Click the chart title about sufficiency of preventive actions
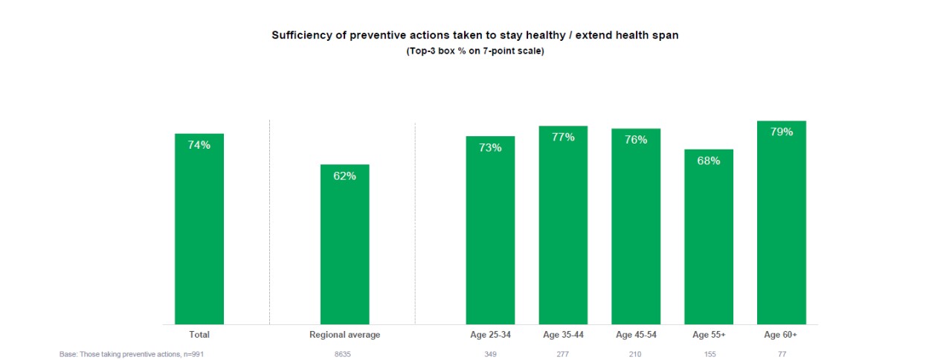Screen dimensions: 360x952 (475, 35)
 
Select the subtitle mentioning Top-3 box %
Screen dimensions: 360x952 (475, 51)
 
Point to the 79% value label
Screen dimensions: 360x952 (782, 132)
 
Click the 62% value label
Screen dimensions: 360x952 (344, 176)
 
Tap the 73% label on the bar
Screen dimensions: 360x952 (490, 147)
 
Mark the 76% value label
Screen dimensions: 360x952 (636, 139)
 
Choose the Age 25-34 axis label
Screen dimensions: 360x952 (490, 335)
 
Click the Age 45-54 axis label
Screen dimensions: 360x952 (636, 335)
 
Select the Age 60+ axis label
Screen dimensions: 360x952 (781, 335)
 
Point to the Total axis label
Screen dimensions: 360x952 (199, 335)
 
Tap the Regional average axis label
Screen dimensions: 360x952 (344, 335)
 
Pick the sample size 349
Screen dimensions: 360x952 (490, 355)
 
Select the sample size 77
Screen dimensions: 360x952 (781, 355)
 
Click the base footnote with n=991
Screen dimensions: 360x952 (132, 355)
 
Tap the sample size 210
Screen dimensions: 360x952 (636, 355)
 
